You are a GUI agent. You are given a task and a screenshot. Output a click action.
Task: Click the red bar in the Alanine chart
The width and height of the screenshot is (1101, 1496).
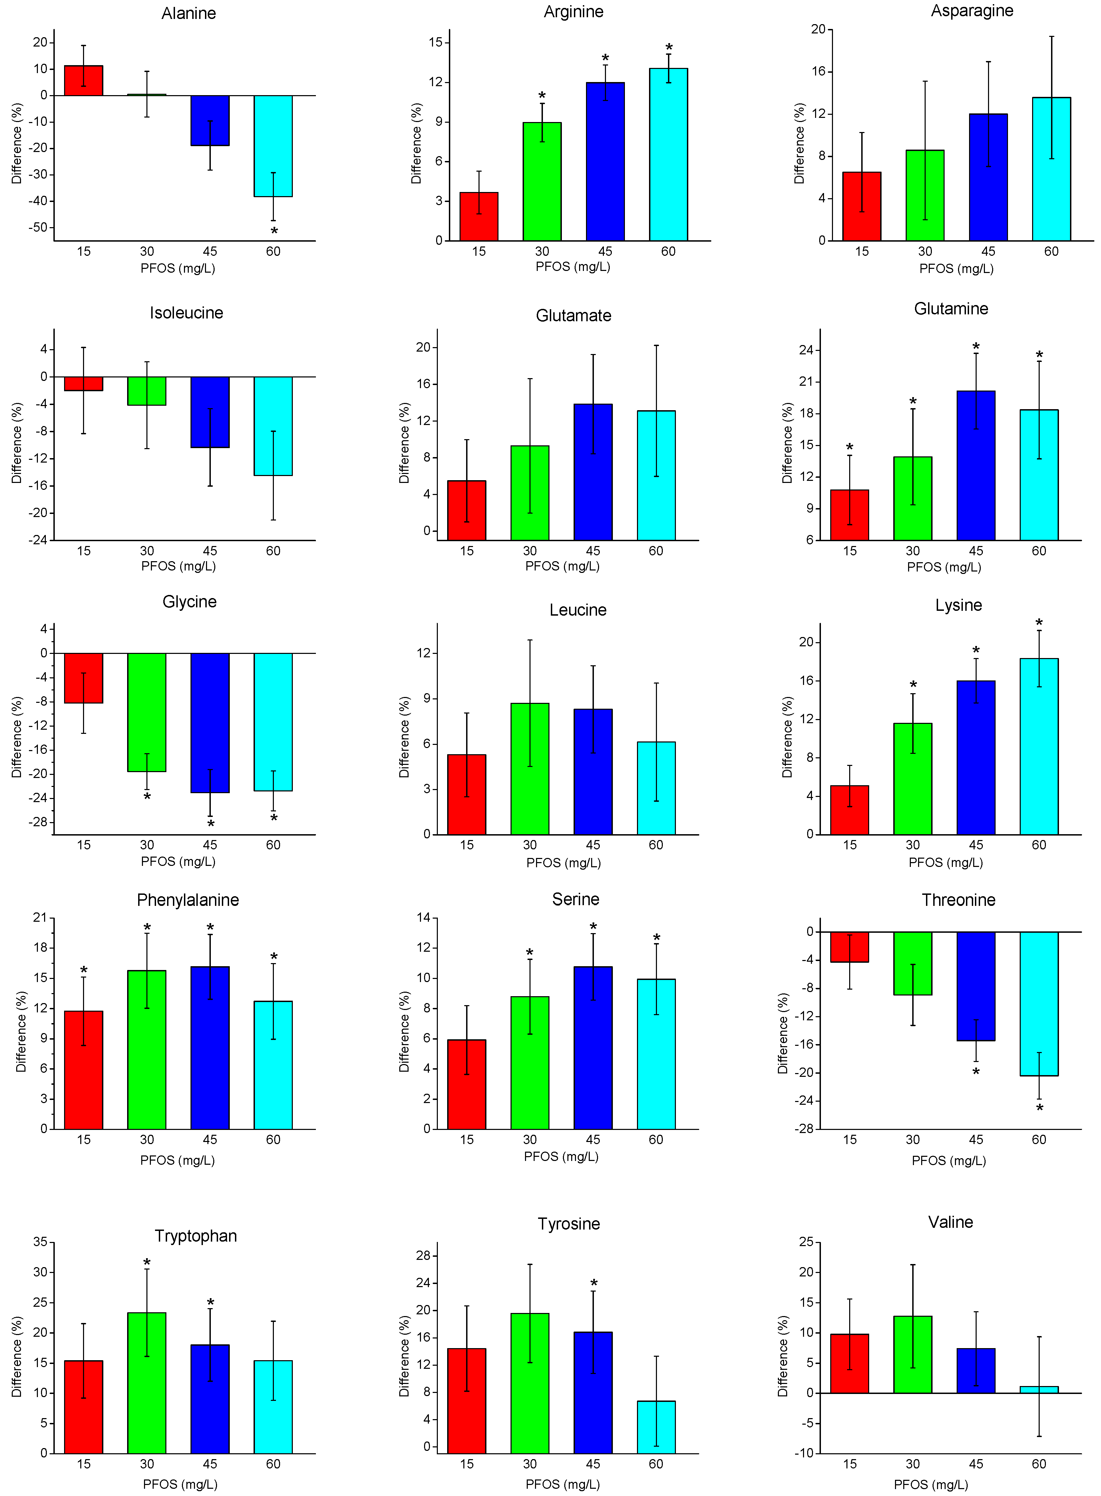(x=83, y=81)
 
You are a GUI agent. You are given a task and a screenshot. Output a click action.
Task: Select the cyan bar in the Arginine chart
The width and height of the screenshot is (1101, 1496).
(x=668, y=154)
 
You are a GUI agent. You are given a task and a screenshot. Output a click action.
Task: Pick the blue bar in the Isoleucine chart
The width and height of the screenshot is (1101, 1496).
(x=210, y=412)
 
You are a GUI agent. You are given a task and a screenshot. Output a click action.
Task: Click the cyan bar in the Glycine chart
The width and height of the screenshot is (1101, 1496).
(x=273, y=722)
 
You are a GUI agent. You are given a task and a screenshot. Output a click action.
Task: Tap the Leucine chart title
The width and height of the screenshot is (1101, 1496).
(x=578, y=610)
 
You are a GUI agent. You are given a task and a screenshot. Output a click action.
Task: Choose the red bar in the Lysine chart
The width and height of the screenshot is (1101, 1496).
(x=850, y=810)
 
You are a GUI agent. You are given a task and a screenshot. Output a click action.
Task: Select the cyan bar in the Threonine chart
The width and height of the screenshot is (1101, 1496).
(x=1039, y=1003)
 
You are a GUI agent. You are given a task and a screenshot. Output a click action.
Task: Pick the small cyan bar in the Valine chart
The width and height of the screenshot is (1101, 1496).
(x=1039, y=1390)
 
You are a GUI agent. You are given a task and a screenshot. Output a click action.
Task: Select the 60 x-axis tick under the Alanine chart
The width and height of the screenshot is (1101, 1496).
(x=273, y=251)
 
